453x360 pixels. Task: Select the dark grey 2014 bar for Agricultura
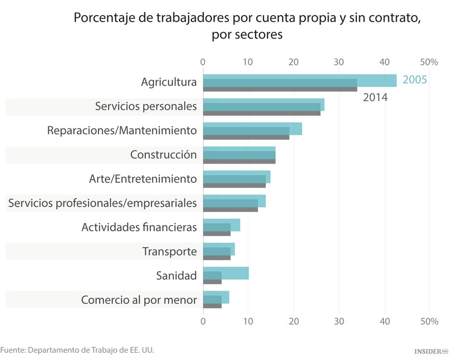280,89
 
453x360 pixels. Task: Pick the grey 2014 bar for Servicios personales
261,113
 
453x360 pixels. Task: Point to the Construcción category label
163,155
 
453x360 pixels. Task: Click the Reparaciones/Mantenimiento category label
122,130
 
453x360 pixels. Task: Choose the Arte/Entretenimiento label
143,179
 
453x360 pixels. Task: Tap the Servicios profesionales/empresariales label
102,203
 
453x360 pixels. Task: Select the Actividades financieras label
139,227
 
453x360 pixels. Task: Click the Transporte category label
169,251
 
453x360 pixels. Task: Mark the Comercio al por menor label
138,300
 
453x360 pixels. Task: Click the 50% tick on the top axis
429,62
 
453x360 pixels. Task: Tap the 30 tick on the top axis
339,62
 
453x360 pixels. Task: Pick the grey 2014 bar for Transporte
216,258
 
